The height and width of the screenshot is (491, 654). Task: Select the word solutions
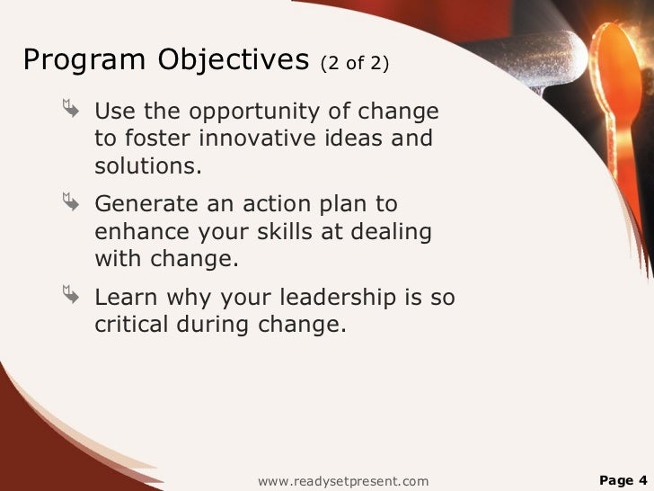pos(148,166)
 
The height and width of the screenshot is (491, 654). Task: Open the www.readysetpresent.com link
pos(343,481)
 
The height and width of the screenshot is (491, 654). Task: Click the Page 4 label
pos(622,480)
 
